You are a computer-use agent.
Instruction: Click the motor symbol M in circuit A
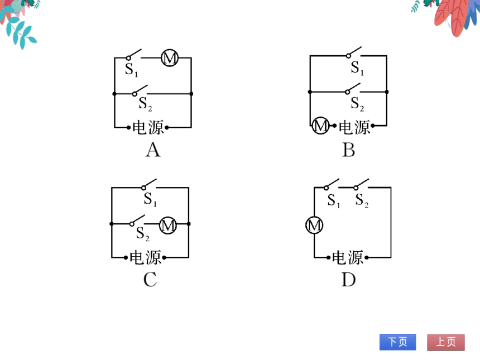170,57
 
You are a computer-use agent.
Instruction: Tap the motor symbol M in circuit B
320,126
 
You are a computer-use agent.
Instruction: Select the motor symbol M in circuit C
168,225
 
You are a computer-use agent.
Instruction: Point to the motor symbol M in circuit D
314,225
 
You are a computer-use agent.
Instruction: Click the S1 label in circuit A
131,70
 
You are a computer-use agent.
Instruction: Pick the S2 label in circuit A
145,104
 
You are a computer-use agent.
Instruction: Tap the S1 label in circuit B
357,68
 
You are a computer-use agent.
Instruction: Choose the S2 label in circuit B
357,104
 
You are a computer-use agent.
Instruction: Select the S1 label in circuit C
150,200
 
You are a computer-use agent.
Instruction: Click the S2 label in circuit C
143,234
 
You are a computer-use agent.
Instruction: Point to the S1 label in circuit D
334,201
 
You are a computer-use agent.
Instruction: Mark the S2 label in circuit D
362,200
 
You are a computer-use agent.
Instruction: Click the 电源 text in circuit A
148,127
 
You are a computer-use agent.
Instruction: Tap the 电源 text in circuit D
348,257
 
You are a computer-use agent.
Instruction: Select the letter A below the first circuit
153,150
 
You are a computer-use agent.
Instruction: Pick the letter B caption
349,150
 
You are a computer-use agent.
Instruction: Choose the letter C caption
150,280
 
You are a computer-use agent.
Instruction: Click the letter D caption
349,280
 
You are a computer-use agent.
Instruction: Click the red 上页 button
446,342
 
